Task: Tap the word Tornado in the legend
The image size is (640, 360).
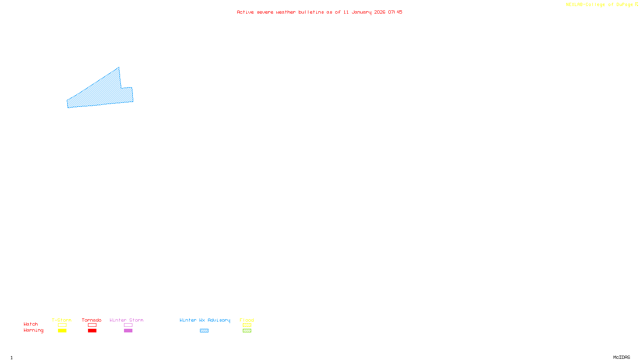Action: (x=92, y=320)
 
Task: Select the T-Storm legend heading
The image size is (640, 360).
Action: (x=62, y=320)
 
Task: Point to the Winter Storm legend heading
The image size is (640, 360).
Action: (x=126, y=320)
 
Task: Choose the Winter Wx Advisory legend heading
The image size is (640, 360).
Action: (x=205, y=320)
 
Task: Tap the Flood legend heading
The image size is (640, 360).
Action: (x=247, y=320)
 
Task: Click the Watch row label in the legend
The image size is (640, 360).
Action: (x=31, y=324)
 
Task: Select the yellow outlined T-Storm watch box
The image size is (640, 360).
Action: (x=62, y=325)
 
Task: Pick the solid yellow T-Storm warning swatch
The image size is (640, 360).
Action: (x=62, y=331)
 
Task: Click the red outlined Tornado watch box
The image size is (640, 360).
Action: (x=92, y=325)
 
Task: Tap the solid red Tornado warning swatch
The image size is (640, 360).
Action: (x=92, y=331)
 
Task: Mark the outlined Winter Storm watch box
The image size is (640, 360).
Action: (x=128, y=325)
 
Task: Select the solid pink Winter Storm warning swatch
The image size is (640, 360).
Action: (x=128, y=331)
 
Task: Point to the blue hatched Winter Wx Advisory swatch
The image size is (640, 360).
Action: (x=204, y=331)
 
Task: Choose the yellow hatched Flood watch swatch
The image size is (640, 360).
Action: (x=247, y=325)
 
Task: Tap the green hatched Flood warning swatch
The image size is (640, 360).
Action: (x=247, y=331)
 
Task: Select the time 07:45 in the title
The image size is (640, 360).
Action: (x=395, y=12)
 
